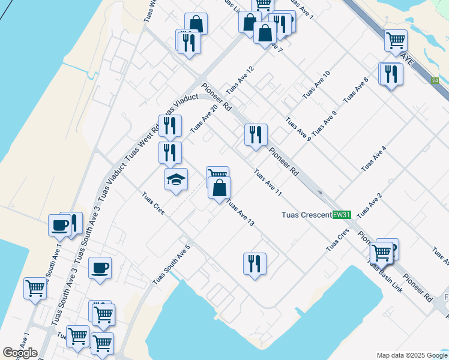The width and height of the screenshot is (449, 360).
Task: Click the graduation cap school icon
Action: pyautogui.click(x=176, y=179)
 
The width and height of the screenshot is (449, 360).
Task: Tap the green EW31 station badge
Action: pyautogui.click(x=342, y=215)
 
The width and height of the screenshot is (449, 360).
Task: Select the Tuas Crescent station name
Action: pyautogui.click(x=307, y=215)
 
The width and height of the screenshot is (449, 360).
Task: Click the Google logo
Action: pyautogui.click(x=20, y=353)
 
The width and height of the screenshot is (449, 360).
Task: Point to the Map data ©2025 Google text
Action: pyautogui.click(x=412, y=355)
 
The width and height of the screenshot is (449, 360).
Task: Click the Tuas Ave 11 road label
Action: pyautogui.click(x=268, y=183)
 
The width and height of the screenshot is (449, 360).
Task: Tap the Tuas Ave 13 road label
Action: pyautogui.click(x=240, y=213)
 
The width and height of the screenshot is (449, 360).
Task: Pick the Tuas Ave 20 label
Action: pyautogui.click(x=203, y=119)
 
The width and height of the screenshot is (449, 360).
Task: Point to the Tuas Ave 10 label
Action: pyautogui.click(x=316, y=85)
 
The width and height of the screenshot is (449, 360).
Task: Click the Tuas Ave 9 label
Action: pyautogui.click(x=298, y=129)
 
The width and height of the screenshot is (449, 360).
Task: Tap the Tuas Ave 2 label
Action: pyautogui.click(x=369, y=206)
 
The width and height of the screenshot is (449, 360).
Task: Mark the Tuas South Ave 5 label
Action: pyautogui.click(x=171, y=265)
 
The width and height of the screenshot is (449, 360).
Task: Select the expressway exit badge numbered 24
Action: pyautogui.click(x=435, y=80)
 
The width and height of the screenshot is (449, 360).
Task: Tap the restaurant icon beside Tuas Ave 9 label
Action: pyautogui.click(x=256, y=135)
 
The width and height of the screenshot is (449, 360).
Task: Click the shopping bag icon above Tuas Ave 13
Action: pyautogui.click(x=220, y=187)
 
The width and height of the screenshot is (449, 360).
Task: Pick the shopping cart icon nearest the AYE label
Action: pyautogui.click(x=396, y=40)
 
